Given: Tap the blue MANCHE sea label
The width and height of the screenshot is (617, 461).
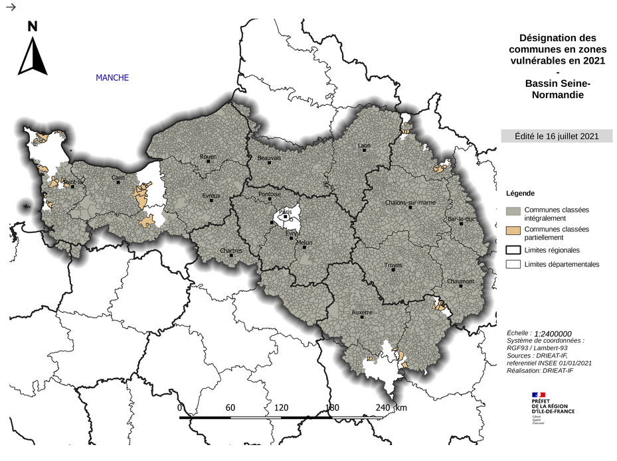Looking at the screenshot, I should (x=112, y=78).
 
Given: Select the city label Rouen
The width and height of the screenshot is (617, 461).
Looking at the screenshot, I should (x=209, y=157).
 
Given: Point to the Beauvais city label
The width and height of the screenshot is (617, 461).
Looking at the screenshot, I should (x=269, y=158).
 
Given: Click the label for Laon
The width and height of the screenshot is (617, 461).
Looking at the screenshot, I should (x=363, y=145).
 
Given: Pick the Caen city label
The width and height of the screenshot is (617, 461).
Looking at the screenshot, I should (x=118, y=178).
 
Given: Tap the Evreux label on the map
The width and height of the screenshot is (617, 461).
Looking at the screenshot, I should (x=211, y=196).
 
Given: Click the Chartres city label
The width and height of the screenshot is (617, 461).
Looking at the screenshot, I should (x=231, y=251).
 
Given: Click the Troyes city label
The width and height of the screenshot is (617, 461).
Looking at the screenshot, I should (x=393, y=265).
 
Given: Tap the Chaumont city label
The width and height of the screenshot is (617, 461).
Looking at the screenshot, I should (x=460, y=281).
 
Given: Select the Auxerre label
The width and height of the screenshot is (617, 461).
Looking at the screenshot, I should (x=361, y=312).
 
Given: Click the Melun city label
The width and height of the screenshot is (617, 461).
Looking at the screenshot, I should (x=304, y=243).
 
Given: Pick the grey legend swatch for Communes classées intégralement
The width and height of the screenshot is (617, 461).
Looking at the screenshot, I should (x=512, y=211).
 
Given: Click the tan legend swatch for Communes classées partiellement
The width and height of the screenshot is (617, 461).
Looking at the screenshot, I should (x=512, y=230).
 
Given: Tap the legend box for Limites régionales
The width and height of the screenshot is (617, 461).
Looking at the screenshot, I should (x=512, y=250).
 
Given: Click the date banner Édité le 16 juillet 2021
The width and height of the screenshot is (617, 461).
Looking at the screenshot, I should (x=557, y=136).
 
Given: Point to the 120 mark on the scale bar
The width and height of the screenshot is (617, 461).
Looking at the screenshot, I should (x=281, y=407).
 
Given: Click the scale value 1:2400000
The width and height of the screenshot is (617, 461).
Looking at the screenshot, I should (x=549, y=334).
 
